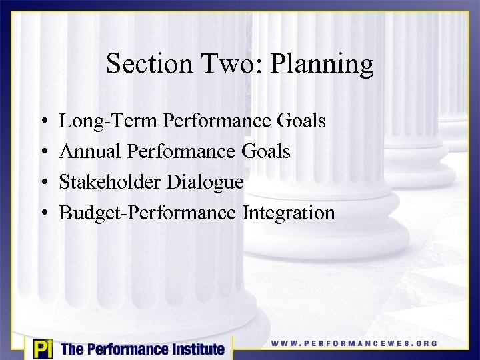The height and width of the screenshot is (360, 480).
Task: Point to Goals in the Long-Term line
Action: [x=301, y=121]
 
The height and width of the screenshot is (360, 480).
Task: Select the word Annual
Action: [x=88, y=151]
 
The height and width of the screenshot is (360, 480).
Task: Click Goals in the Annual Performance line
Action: [x=266, y=151]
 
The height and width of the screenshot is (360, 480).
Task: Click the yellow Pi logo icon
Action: [x=43, y=349]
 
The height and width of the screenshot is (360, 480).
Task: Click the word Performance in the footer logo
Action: [x=124, y=349]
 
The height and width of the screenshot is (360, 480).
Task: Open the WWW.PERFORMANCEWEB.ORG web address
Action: [x=354, y=343]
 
